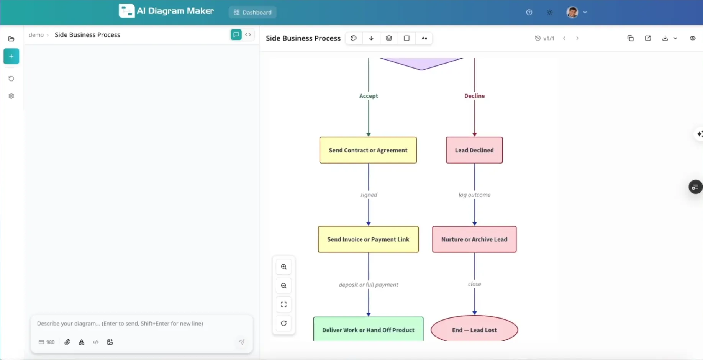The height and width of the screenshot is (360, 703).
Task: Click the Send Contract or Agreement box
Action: (x=368, y=150)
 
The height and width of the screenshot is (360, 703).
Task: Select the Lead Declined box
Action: (x=474, y=150)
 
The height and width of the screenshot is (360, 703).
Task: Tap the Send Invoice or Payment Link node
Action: (x=368, y=239)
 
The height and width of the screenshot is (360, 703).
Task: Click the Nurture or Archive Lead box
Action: (x=474, y=239)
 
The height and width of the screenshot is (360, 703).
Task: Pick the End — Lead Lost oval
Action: (x=474, y=329)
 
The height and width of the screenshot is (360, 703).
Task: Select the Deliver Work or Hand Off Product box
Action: (x=368, y=329)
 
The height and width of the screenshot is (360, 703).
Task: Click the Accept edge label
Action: (x=368, y=96)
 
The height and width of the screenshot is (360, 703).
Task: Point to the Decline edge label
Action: (x=474, y=96)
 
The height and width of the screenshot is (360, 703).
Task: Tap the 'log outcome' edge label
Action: (x=474, y=195)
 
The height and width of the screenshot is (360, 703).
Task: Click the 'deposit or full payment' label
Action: (x=368, y=285)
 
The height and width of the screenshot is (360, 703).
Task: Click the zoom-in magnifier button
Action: (x=283, y=267)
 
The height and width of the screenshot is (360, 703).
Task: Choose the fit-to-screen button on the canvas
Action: (x=283, y=304)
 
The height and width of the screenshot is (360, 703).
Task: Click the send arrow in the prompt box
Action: (x=242, y=342)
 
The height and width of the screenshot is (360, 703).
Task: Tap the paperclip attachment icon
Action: (x=67, y=342)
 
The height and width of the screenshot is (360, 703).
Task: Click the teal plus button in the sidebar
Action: (x=11, y=56)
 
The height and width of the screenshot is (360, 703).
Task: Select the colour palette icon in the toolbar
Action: (x=354, y=38)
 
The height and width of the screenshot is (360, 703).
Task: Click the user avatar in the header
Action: (x=572, y=12)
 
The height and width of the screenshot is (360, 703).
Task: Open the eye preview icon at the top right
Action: (x=692, y=38)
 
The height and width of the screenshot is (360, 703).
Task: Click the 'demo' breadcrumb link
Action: (x=36, y=35)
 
